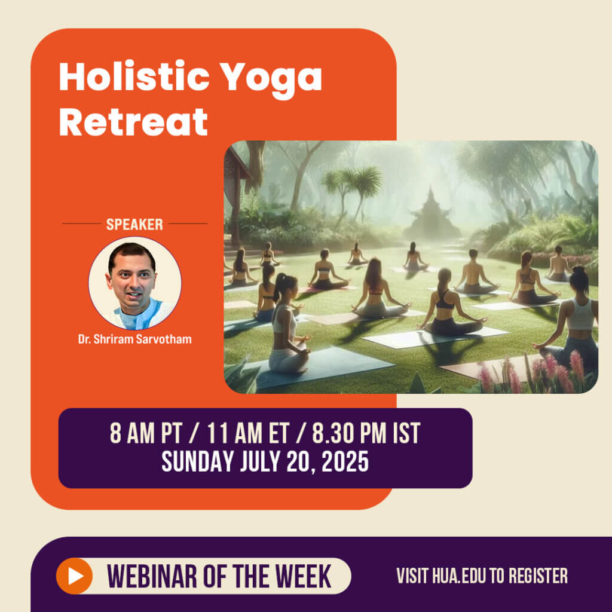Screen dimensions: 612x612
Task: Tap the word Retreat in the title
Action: pyautogui.click(x=133, y=121)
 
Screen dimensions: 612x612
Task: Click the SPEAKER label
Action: pyautogui.click(x=134, y=225)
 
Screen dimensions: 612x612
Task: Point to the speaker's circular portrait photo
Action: pyautogui.click(x=134, y=283)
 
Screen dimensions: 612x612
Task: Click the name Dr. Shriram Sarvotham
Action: pyautogui.click(x=134, y=339)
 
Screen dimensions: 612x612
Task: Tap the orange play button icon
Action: pyautogui.click(x=74, y=576)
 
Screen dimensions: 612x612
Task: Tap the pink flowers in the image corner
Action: pyautogui.click(x=556, y=371)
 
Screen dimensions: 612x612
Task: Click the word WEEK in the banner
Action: pyautogui.click(x=305, y=576)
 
